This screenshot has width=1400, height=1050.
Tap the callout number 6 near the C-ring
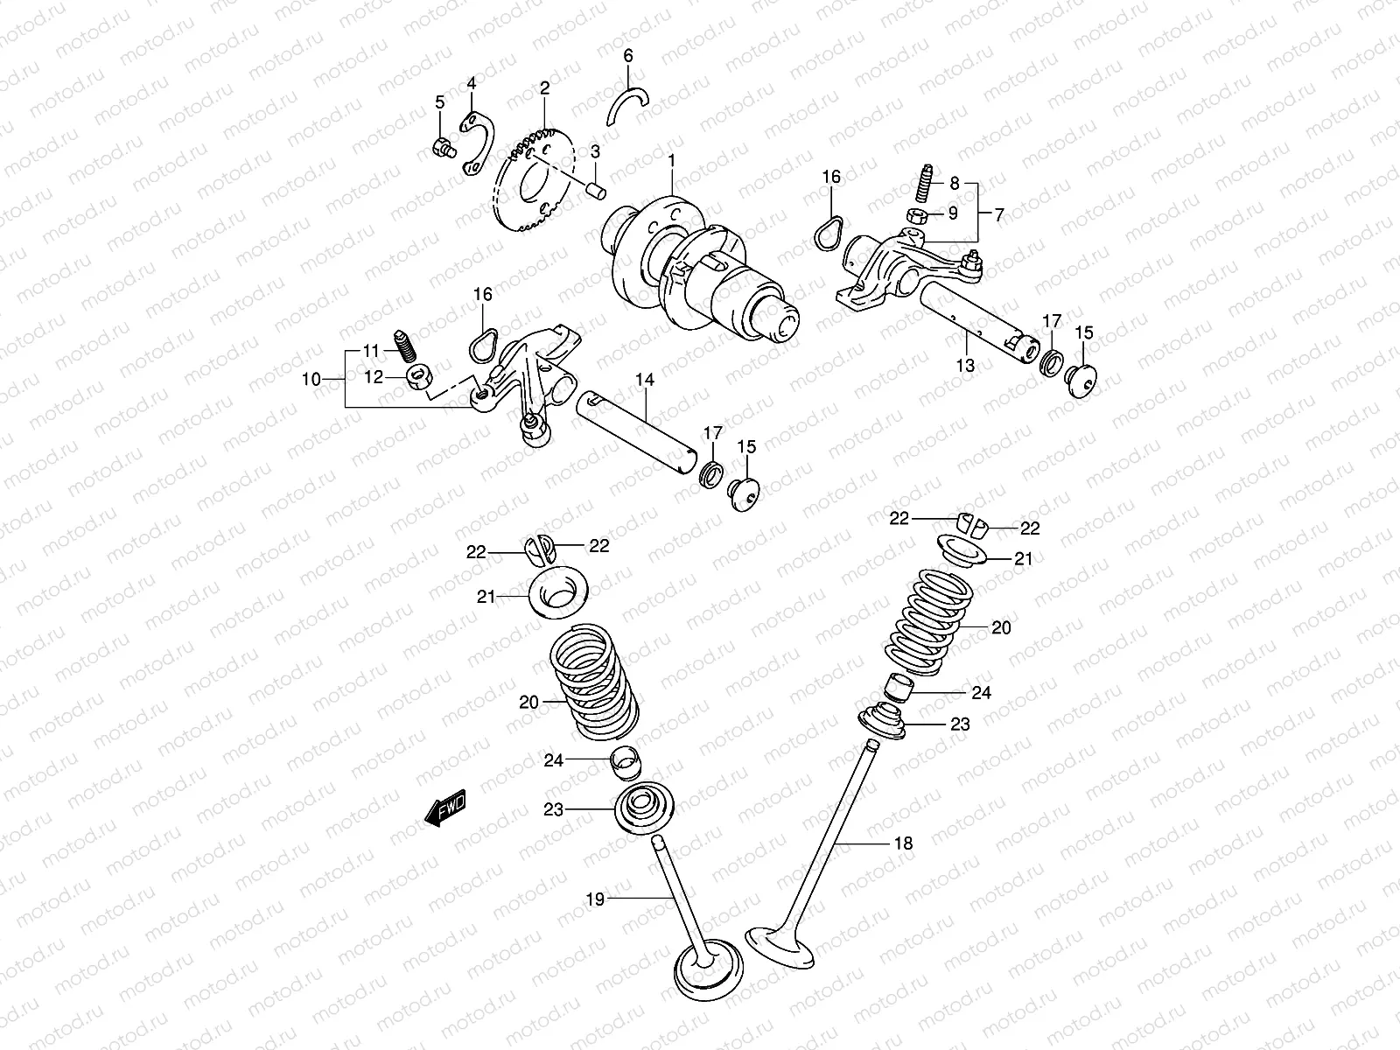[627, 56]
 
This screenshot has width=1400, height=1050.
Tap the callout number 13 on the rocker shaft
[965, 366]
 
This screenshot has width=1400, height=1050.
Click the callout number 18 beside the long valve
[903, 843]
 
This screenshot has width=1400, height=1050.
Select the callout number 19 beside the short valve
[595, 898]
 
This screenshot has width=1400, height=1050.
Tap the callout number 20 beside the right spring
[1001, 627]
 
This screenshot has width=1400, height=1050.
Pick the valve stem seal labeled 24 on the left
[623, 763]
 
